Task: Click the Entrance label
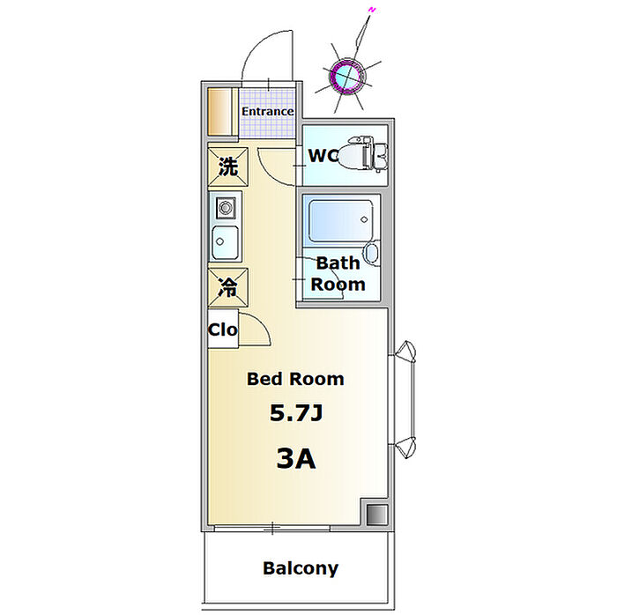(x=268, y=112)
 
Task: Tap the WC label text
(x=323, y=156)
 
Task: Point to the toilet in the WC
(x=365, y=153)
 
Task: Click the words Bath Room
(x=338, y=273)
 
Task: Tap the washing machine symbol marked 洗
(x=227, y=166)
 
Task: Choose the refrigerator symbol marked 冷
(x=227, y=286)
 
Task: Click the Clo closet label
(x=223, y=330)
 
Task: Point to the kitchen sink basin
(x=226, y=239)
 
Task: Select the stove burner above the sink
(x=226, y=209)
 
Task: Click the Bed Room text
(x=294, y=380)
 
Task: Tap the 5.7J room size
(x=294, y=413)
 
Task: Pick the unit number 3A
(x=295, y=458)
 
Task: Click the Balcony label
(x=300, y=568)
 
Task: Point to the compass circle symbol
(x=347, y=76)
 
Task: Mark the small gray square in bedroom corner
(x=376, y=514)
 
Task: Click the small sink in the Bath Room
(x=370, y=256)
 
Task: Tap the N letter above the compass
(x=372, y=11)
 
